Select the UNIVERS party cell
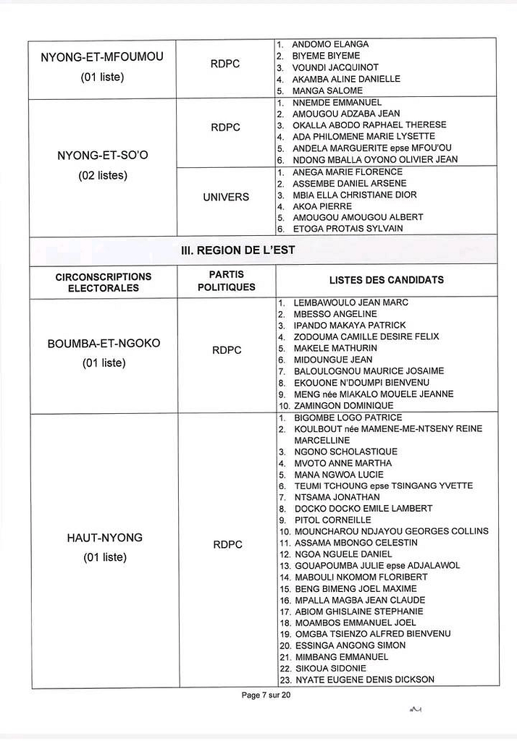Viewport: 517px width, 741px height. [226, 197]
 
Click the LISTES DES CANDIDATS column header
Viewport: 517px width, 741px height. [386, 280]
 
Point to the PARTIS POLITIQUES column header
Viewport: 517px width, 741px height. [226, 281]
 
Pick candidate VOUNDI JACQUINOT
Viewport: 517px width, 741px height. [326, 67]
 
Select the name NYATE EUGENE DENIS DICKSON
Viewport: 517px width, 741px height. [364, 679]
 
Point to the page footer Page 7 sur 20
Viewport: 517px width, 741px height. [266, 695]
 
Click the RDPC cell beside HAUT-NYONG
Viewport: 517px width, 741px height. [227, 545]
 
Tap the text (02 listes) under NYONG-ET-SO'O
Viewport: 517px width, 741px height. [102, 176]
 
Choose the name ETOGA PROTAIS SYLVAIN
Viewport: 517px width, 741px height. [348, 229]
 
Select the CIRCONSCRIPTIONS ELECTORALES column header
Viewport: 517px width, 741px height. [104, 282]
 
